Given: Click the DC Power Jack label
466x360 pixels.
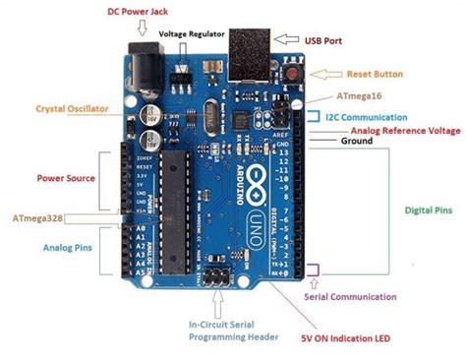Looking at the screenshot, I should point(138,12).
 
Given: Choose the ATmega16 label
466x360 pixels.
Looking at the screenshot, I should point(360,98).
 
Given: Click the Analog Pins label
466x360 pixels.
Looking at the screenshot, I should point(68,248).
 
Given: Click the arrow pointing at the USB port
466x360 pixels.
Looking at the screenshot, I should point(288,40).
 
